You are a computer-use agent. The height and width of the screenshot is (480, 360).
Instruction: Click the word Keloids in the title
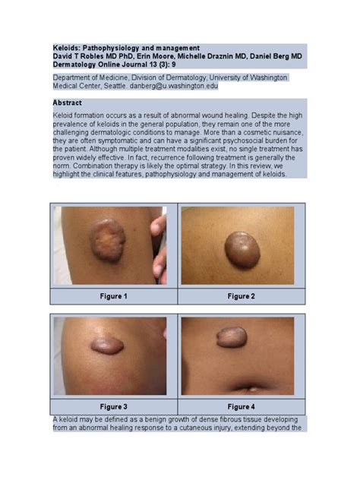[x=68, y=47]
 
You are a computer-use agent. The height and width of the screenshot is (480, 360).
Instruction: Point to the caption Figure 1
[x=113, y=295]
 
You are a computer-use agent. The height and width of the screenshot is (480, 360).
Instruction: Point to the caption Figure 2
[x=241, y=295]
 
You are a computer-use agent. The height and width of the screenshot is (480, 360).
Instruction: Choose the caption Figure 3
[x=113, y=407]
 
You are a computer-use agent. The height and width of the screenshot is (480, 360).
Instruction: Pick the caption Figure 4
[x=241, y=407]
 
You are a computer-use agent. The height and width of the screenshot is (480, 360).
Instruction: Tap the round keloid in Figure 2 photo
[x=242, y=248]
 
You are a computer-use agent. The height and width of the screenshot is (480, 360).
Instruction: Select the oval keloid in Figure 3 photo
[x=108, y=346]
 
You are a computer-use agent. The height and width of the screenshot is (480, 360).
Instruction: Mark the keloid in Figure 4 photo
[x=232, y=337]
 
